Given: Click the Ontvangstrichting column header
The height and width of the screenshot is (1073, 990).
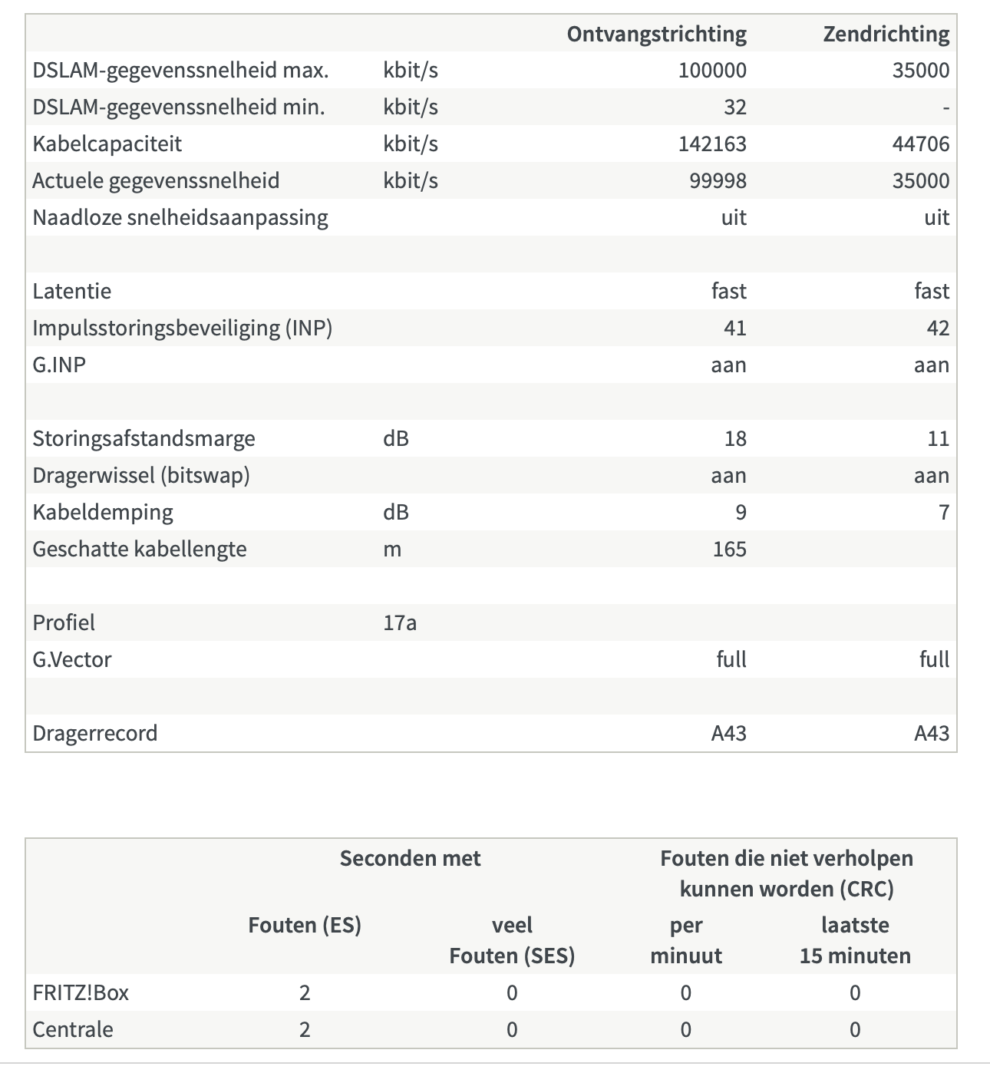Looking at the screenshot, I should coord(656,34).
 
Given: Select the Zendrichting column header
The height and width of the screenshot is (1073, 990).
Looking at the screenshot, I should coord(886,34).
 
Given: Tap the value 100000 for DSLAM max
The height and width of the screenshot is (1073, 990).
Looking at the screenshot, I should coord(711,71).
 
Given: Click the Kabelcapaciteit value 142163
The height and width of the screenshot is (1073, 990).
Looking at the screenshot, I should coord(711,144).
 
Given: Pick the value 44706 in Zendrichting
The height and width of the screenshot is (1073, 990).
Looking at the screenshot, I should coord(920,144).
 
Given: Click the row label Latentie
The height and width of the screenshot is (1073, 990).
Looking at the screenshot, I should coord(71,292).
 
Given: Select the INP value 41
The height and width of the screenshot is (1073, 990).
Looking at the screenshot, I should coord(734,329).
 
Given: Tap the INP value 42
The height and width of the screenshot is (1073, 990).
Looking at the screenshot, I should coord(937,329).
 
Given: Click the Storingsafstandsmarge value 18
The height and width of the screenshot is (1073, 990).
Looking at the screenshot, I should coord(734,439).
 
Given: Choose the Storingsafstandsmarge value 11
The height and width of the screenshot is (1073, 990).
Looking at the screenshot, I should coord(937,439).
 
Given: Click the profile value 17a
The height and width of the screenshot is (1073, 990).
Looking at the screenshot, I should coord(399,623).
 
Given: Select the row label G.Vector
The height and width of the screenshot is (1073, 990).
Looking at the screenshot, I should coord(71,660).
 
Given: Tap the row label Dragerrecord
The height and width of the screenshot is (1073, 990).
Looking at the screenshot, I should coord(94,734).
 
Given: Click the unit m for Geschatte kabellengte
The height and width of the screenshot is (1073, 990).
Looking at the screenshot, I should coord(391,550).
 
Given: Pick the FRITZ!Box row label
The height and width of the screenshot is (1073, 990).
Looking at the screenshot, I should coord(80,993).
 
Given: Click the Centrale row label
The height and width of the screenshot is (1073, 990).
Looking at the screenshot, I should coord(72,1030).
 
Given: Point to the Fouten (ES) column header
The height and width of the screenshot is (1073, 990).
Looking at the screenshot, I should coord(304,926).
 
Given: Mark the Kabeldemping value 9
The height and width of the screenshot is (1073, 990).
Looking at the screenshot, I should coord(741,513).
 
